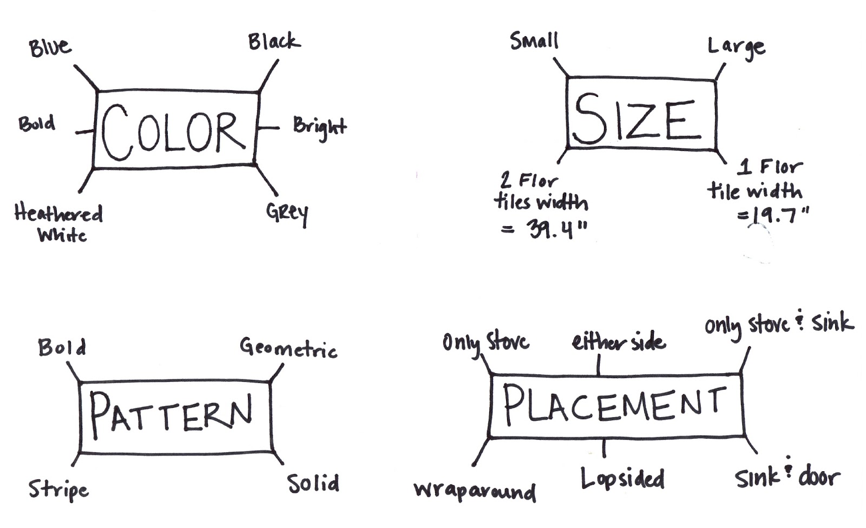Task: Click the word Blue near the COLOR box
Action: tap(50, 48)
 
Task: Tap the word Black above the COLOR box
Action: tap(274, 42)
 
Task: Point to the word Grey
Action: tap(287, 213)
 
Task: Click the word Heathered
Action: tap(58, 213)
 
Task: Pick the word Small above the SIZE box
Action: tap(534, 41)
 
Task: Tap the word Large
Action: tap(736, 48)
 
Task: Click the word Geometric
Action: tap(288, 348)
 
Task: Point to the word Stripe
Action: tap(58, 490)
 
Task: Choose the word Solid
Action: tap(313, 483)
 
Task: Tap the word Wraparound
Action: tap(475, 491)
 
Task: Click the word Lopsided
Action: tap(622, 479)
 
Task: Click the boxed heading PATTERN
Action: tap(171, 414)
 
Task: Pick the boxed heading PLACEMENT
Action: tap(615, 405)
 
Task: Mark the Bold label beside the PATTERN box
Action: tap(62, 347)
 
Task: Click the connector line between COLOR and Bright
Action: tap(268, 128)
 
